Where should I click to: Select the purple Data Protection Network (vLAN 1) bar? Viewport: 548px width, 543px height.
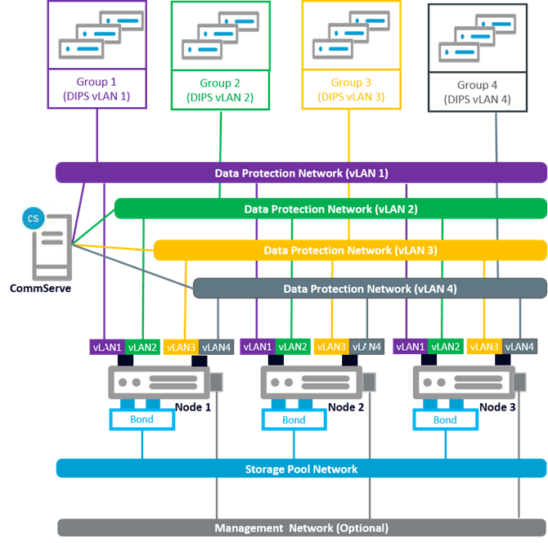[x=301, y=173]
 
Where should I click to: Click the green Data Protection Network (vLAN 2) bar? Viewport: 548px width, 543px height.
[x=330, y=209]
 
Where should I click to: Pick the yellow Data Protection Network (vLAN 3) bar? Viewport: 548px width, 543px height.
[x=350, y=249]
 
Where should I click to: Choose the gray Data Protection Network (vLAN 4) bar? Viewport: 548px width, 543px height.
[x=370, y=289]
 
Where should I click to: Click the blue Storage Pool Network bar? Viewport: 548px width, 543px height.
[x=301, y=469]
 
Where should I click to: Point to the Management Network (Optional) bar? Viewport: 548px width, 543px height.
[x=301, y=527]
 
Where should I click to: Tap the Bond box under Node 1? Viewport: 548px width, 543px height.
[x=142, y=420]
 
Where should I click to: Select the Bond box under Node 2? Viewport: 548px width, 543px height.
[x=294, y=420]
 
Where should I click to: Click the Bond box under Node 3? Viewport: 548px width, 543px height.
[x=445, y=420]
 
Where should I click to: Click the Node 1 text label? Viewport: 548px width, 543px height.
[x=195, y=406]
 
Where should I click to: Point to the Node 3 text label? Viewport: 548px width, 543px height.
[x=498, y=406]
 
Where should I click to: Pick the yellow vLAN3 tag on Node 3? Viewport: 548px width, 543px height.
[x=483, y=347]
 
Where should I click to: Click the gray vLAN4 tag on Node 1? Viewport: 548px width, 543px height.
[x=217, y=347]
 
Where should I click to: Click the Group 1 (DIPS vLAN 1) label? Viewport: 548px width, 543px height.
[x=97, y=89]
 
